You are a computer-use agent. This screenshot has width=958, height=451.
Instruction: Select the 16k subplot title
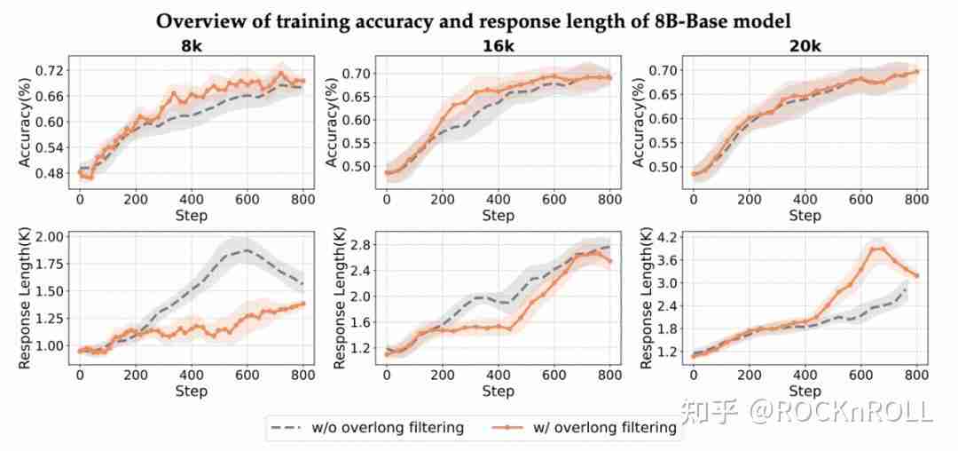498,46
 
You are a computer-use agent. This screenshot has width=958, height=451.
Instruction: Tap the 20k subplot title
805,46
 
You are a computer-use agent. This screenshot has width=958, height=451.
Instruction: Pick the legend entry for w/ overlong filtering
585,428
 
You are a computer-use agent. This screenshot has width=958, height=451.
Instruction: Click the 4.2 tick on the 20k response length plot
664,237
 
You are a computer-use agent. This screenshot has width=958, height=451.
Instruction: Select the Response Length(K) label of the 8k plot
24,297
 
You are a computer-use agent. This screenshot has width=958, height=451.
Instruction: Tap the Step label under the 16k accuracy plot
498,216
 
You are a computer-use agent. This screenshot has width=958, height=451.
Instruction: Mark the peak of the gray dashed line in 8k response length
247,250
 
